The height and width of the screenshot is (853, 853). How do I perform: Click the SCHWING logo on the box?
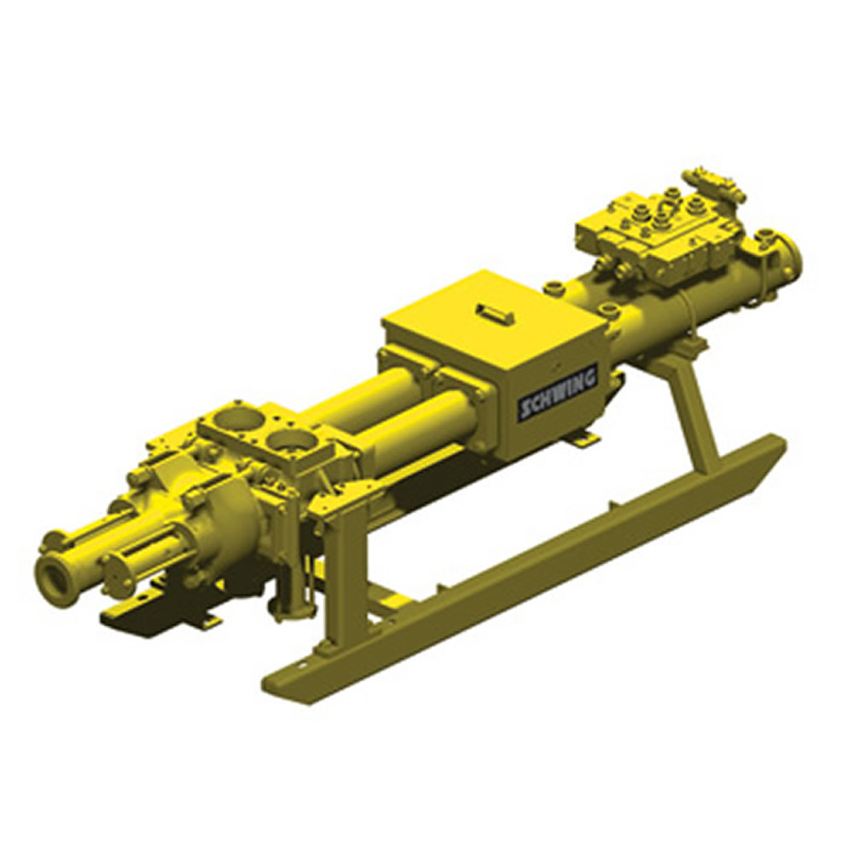coord(558,392)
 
